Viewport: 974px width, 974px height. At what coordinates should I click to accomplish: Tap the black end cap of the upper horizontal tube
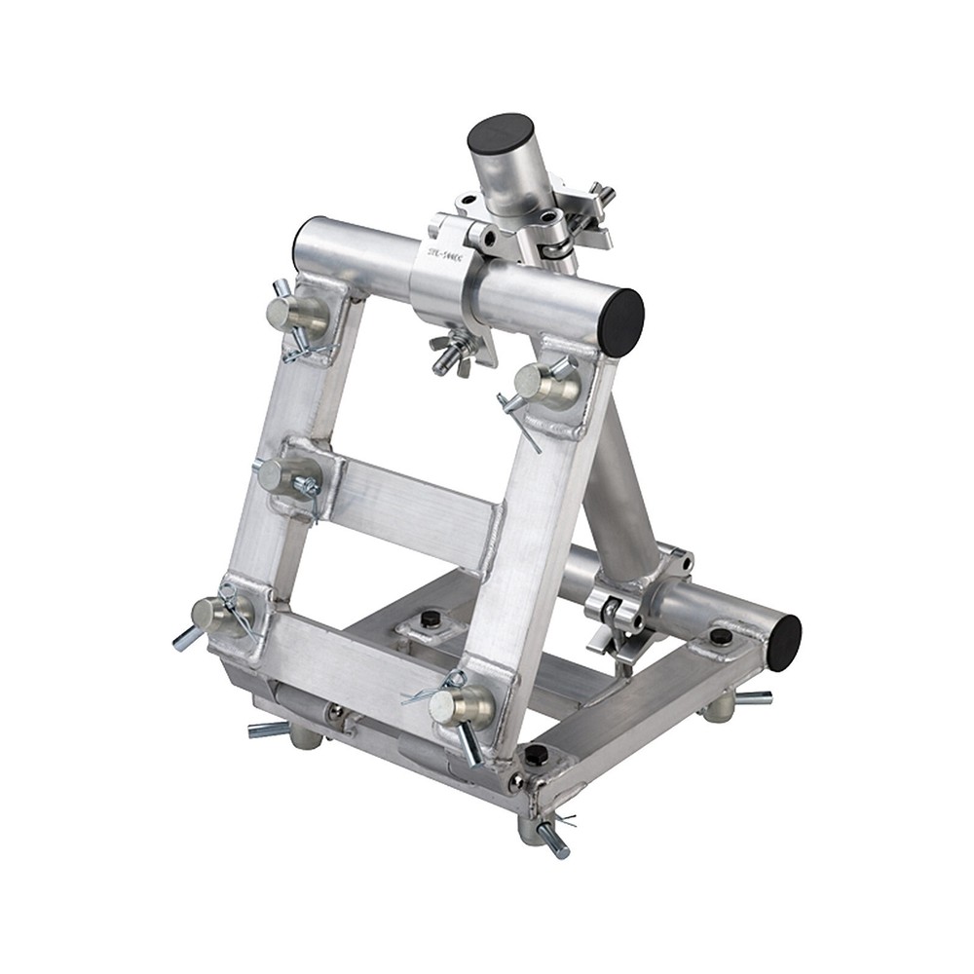[x=619, y=321]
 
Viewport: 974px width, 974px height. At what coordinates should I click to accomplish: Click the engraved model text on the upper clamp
[x=443, y=250]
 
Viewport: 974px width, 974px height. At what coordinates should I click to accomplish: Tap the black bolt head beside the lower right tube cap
[x=721, y=637]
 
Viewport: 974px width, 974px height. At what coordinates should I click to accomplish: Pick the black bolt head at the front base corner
[x=537, y=754]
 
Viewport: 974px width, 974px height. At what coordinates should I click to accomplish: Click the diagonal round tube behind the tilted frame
[x=619, y=487]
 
